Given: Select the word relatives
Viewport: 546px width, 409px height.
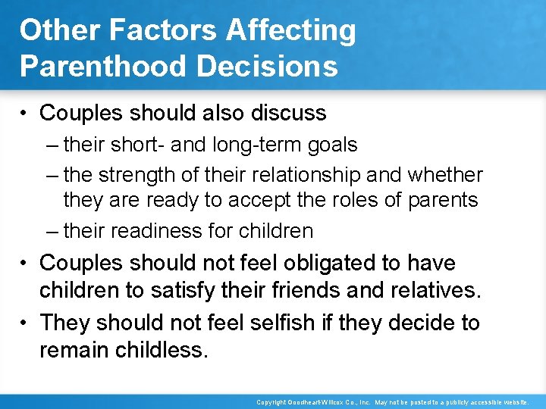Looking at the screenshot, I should click(435, 289).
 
